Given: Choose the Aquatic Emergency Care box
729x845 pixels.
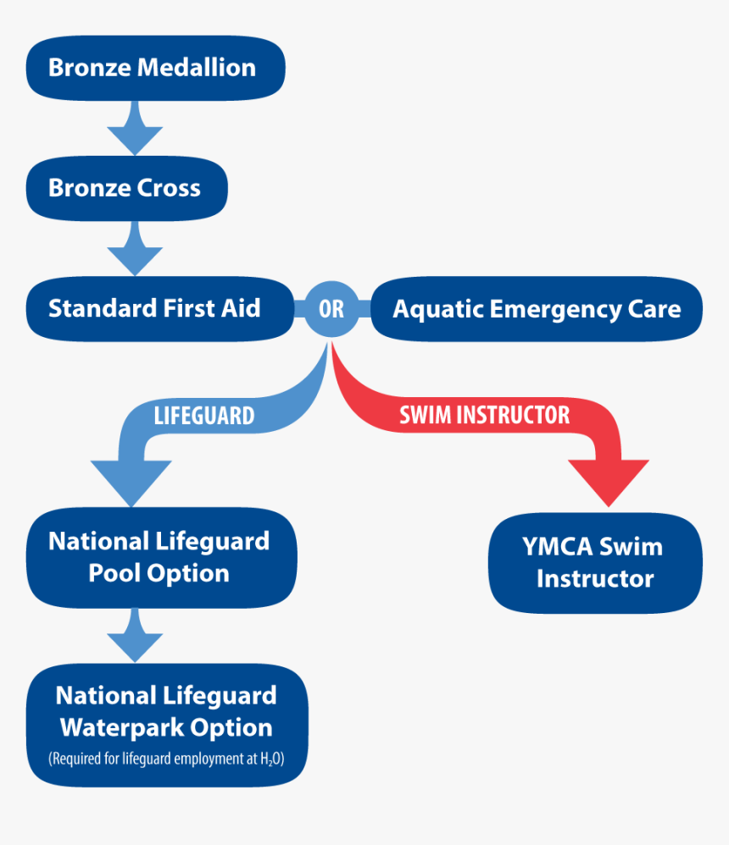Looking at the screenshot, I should (537, 309).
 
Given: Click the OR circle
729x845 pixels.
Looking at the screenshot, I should (331, 309).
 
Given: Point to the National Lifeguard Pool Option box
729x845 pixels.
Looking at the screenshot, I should (159, 557).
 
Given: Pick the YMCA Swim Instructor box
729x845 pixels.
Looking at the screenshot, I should (595, 563).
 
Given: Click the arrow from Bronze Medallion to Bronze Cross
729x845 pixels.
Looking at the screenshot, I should (134, 127).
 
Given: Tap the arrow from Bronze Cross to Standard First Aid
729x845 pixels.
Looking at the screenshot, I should (134, 248).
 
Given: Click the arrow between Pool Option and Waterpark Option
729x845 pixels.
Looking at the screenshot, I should (134, 636).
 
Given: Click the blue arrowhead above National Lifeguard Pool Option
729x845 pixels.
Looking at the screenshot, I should (131, 481).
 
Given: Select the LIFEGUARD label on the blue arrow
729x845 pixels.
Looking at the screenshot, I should (203, 416).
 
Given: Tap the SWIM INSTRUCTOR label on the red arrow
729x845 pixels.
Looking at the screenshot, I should (485, 415).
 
